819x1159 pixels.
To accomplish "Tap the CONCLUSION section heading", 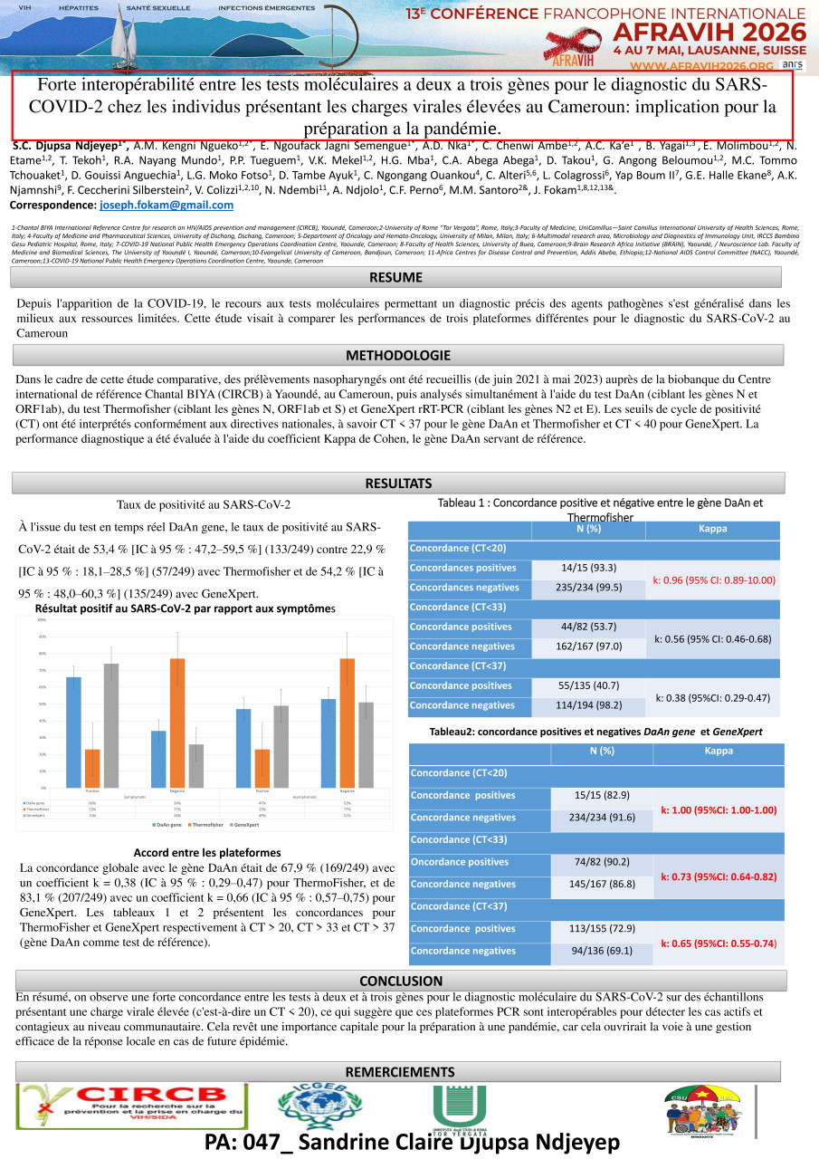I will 401,981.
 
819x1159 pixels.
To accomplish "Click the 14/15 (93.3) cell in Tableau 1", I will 589,568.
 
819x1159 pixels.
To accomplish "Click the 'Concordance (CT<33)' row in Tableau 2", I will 596,840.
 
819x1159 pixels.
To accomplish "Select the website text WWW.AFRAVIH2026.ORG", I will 713,65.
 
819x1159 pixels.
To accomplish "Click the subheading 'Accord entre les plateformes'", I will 206,853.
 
